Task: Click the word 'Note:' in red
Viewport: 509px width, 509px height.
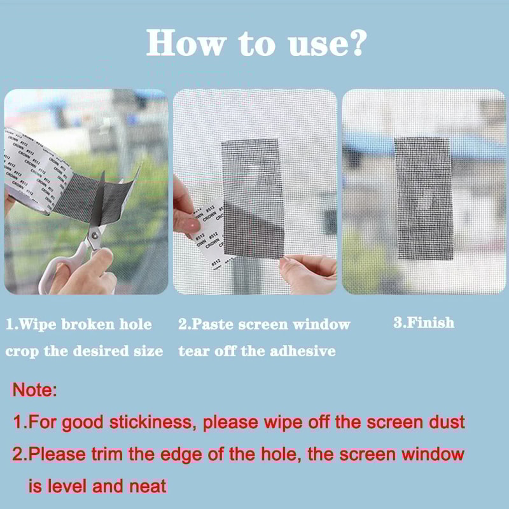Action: coord(35,390)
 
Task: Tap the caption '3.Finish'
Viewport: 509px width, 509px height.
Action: coord(424,323)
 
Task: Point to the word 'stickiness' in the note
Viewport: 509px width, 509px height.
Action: coord(152,421)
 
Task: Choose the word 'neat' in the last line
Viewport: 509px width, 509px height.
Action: coord(147,487)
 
